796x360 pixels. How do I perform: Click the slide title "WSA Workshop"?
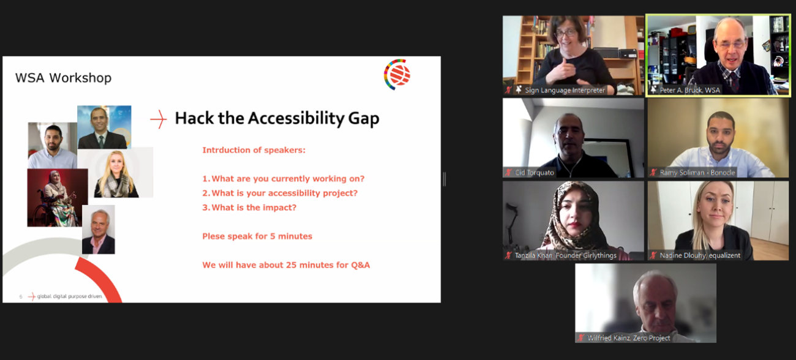(x=63, y=78)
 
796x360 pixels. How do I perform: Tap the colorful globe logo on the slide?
(x=397, y=75)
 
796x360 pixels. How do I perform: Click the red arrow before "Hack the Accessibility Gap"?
(x=159, y=119)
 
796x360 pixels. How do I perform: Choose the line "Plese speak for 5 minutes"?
(x=257, y=236)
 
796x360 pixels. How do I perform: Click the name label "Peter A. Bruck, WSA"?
(x=690, y=90)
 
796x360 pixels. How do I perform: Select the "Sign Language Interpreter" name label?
(x=565, y=90)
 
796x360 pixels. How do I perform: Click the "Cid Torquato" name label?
(x=534, y=173)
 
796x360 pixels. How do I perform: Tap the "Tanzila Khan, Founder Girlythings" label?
(x=565, y=255)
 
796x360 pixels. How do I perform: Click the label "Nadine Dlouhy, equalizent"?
(x=700, y=255)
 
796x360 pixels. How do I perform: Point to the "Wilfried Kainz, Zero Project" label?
(x=629, y=338)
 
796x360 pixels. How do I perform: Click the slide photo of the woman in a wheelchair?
(x=57, y=197)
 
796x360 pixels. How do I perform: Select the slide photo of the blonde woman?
(x=116, y=173)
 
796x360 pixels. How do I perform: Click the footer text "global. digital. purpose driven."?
(x=70, y=296)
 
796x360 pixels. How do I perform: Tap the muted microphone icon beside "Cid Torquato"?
(x=508, y=173)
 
